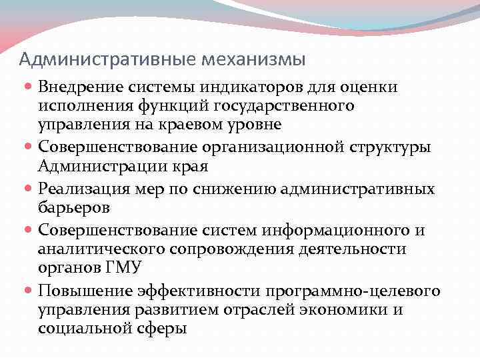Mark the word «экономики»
355,309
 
